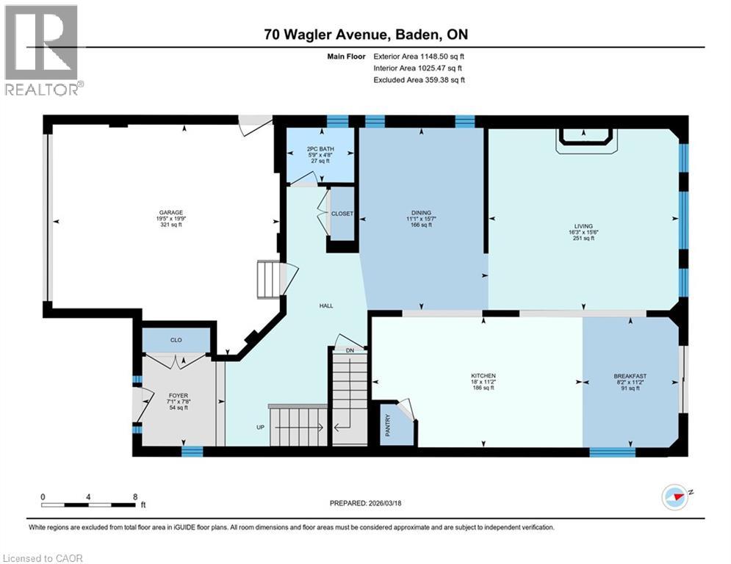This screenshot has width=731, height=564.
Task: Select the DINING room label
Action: coord(421,213)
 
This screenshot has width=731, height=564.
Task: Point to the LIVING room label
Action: coord(584,226)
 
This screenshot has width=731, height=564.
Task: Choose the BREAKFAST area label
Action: coord(630,376)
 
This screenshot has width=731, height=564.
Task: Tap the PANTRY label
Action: coord(393,430)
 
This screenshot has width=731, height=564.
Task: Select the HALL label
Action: coord(326,305)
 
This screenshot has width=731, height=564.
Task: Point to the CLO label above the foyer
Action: coord(176,341)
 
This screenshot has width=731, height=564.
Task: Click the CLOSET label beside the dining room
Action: coord(342,214)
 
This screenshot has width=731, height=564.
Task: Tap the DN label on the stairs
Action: coord(350,351)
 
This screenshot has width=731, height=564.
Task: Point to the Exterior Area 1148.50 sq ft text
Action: coord(419,55)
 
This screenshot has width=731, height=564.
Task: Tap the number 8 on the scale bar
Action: coord(135,496)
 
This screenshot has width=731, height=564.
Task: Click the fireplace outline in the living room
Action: coord(584,140)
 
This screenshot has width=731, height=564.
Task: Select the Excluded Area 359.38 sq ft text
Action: coord(419,80)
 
